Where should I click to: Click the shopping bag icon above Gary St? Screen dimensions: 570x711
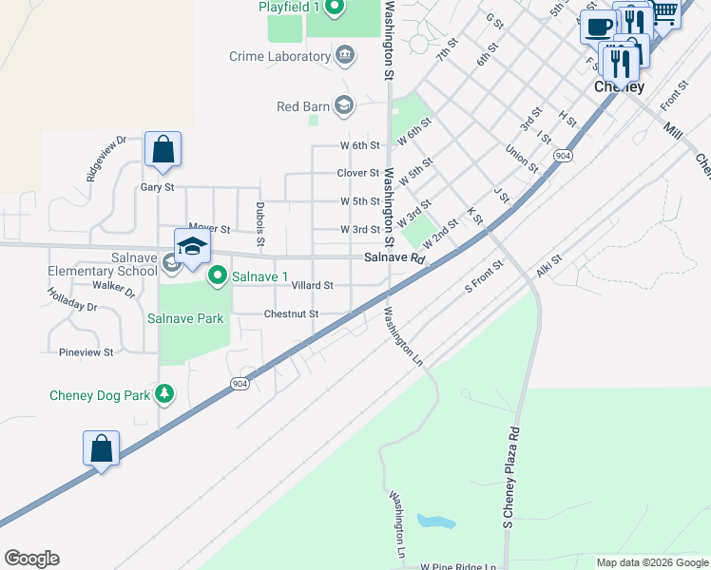(163, 150)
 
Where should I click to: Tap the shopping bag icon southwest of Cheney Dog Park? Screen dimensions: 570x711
(102, 448)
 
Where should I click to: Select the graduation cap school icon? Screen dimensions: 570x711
(192, 247)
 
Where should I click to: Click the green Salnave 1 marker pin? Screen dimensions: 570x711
(218, 276)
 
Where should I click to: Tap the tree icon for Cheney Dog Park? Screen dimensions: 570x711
(164, 393)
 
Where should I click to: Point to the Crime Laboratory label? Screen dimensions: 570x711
(279, 57)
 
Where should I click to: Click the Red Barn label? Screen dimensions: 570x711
(302, 106)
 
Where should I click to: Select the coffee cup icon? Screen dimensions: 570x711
(598, 27)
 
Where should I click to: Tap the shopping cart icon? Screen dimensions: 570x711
(664, 12)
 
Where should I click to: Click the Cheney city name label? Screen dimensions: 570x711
(619, 86)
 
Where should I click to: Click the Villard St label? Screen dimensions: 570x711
(312, 285)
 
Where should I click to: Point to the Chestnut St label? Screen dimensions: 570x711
(291, 313)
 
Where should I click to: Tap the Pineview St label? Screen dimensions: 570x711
(86, 351)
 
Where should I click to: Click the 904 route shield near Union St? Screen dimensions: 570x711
(564, 156)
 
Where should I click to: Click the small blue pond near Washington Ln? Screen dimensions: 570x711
(434, 522)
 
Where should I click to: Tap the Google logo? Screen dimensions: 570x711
(31, 559)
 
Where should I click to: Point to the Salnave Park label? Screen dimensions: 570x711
(185, 318)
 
